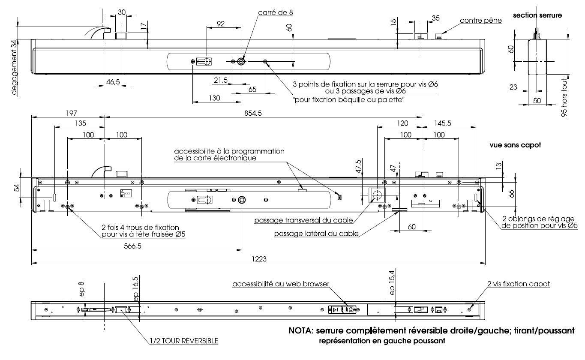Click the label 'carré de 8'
point(276,12)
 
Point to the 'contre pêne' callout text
point(480,20)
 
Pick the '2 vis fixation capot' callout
point(518,284)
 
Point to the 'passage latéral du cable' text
point(316,234)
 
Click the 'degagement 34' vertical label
point(15,66)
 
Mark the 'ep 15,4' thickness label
point(391,283)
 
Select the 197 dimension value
point(71,113)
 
